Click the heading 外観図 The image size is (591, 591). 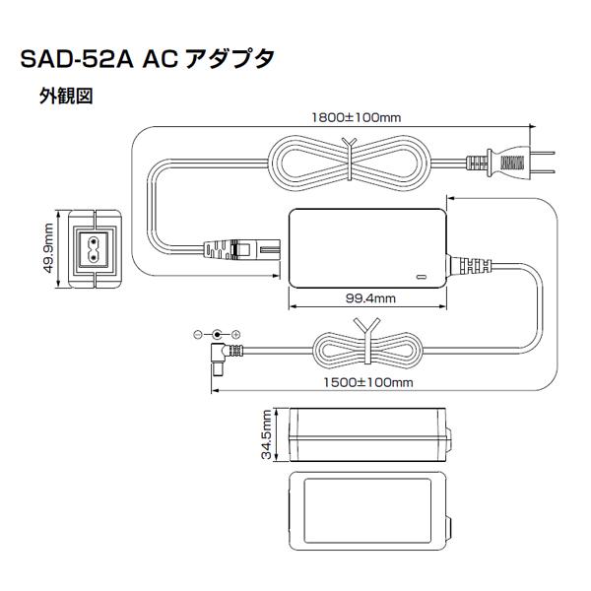coord(66,98)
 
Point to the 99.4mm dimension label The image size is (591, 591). coord(369,297)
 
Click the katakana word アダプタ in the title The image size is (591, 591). coord(230,61)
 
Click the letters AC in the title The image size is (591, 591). coord(159,61)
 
